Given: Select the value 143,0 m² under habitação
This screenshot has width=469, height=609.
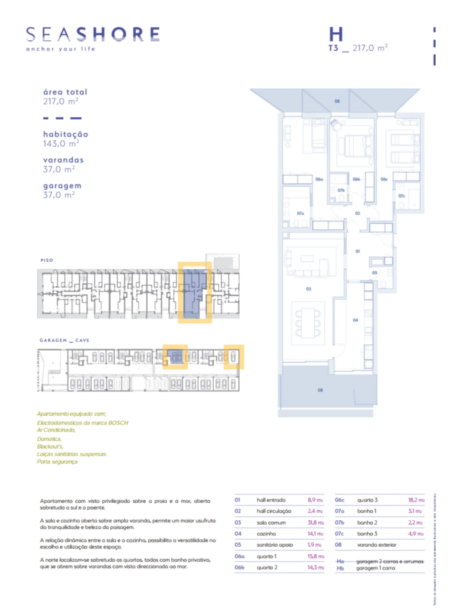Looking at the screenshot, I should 61,144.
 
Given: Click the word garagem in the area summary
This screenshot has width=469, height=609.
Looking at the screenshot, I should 62,186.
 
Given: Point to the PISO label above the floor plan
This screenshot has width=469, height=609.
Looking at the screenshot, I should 47,260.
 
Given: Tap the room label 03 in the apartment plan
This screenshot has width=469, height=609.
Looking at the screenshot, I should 309,289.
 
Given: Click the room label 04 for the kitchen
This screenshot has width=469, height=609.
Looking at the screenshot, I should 355,320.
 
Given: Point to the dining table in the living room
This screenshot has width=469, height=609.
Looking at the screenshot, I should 308,323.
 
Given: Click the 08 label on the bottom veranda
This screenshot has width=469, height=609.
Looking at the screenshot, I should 320,390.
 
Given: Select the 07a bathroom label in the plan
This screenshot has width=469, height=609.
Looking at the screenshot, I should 300,213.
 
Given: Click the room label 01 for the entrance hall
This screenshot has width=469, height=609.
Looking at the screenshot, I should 358,251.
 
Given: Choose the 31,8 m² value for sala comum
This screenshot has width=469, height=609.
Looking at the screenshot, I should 315,522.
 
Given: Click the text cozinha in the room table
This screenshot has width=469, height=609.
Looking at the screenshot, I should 266,534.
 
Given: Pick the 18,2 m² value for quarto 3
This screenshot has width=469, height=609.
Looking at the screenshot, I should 416,500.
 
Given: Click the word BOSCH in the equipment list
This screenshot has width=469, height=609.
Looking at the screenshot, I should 118,423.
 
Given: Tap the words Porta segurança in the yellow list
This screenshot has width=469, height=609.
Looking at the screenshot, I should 57,462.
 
